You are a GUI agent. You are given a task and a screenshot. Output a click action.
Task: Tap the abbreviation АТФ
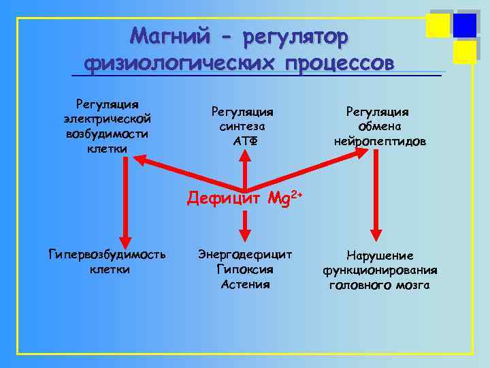(x=243, y=141)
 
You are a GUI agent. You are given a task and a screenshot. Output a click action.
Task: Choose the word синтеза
(x=243, y=126)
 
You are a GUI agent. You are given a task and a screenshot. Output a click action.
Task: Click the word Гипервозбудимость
(x=107, y=254)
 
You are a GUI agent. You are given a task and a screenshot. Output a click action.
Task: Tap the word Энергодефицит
(x=245, y=254)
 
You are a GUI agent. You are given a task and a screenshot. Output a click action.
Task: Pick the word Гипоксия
(x=245, y=269)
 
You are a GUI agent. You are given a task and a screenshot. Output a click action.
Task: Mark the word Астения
(x=245, y=284)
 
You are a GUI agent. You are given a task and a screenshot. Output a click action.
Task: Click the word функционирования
(x=380, y=271)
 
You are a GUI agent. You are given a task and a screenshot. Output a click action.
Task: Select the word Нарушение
(x=380, y=256)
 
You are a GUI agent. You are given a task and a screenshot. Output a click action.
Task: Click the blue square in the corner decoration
(x=465, y=25)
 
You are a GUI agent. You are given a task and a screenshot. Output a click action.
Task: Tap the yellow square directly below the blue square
(x=465, y=51)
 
